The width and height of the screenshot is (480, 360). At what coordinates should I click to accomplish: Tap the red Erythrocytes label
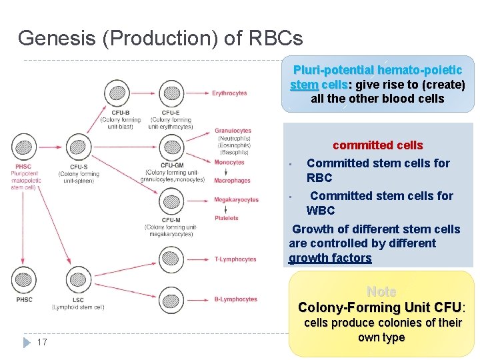[229, 93]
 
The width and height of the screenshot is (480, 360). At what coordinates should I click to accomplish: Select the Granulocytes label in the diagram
[233, 131]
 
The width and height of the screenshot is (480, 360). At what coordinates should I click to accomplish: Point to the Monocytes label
[229, 162]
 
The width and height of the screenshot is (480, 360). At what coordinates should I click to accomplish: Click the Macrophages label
[232, 181]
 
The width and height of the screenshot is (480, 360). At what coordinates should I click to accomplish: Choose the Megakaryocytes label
[236, 200]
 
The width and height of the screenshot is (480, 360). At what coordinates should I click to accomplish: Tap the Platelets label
[227, 218]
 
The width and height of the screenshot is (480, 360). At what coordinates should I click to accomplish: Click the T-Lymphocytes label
[235, 259]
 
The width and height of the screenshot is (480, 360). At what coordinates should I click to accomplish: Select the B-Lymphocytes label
[235, 299]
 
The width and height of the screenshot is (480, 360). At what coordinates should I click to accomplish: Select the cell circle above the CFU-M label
[170, 200]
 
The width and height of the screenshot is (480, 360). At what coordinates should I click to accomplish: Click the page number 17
[42, 342]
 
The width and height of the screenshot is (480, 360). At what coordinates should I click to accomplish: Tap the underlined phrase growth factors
[330, 258]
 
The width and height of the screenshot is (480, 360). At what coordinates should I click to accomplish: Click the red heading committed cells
[377, 145]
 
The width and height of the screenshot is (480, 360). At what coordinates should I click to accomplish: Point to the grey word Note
[381, 292]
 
